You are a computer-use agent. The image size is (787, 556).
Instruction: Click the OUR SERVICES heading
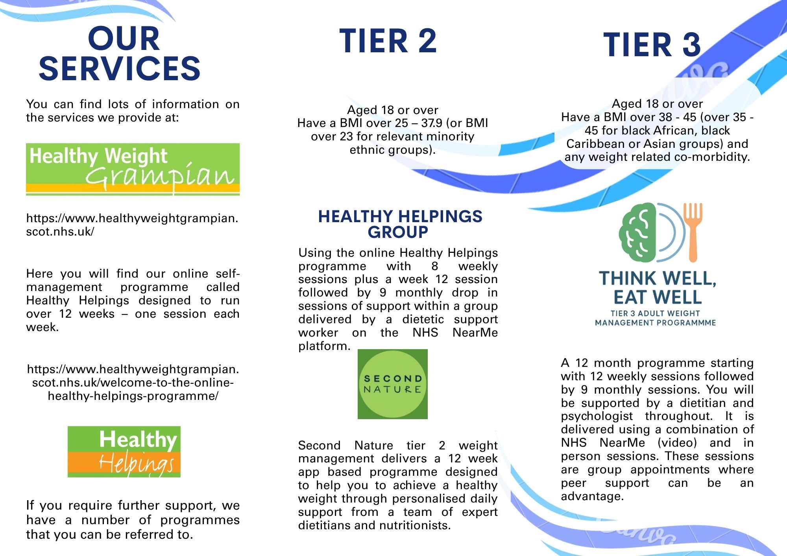pos(120,53)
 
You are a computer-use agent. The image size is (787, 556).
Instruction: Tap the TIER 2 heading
pos(388,41)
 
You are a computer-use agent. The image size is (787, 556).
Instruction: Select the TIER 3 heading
pos(652,44)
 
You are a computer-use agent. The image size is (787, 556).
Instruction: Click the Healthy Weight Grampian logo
pos(133,169)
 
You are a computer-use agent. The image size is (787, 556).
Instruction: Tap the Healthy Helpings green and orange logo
pos(124,451)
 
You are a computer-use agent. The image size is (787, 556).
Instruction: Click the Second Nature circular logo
pos(392,384)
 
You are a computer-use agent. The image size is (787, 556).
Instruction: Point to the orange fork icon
pos(693,232)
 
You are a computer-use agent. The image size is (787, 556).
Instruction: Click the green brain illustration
pos(637,232)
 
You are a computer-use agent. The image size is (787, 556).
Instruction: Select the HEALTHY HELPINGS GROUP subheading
pos(399,224)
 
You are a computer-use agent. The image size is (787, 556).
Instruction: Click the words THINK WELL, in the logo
pos(658,278)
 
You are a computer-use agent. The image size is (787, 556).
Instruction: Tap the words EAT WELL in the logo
pos(658,297)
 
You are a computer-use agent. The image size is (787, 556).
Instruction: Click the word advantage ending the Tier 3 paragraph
pos(592,496)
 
